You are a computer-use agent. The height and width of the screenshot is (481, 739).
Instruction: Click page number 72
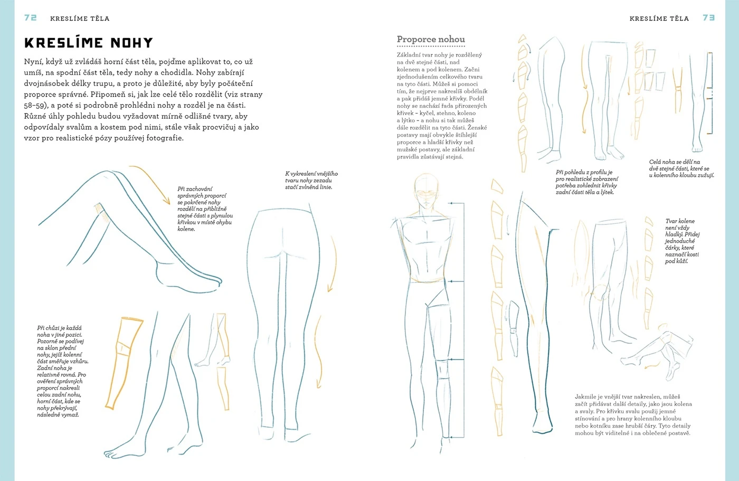[31, 18]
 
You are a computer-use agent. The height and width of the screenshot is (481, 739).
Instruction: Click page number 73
[708, 18]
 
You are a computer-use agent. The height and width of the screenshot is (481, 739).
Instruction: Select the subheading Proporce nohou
[431, 39]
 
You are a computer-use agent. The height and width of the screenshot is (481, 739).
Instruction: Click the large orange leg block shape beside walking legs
[124, 363]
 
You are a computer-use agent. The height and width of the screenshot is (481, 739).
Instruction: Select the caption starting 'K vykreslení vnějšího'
[311, 181]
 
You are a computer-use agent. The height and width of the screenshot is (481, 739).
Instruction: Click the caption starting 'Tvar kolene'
[682, 241]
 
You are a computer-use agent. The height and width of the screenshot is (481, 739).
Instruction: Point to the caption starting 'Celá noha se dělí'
[681, 168]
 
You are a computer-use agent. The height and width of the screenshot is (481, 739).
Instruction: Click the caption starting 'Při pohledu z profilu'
[587, 182]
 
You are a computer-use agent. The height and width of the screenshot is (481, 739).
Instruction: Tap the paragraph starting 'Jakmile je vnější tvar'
[633, 414]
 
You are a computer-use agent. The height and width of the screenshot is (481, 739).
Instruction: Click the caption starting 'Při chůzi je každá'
[63, 371]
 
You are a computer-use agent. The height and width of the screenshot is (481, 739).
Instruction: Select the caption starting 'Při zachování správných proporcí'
[205, 209]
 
